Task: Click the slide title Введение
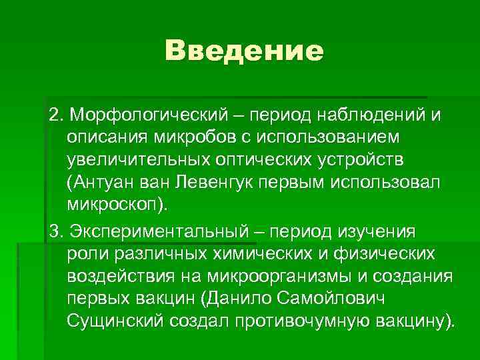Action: coord(244,51)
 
